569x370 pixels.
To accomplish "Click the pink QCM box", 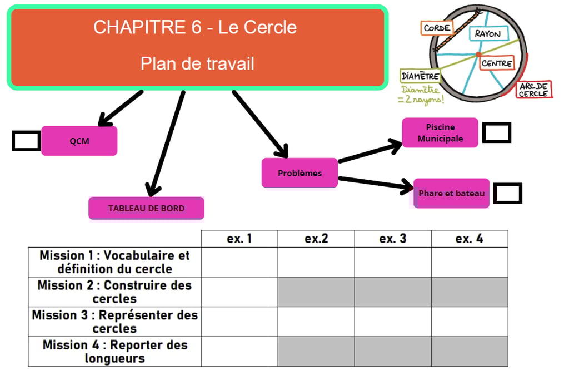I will (79, 141).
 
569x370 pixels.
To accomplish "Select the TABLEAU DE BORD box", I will (146, 209).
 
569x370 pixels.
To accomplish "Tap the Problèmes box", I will (300, 173).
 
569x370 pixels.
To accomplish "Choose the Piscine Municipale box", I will (440, 132).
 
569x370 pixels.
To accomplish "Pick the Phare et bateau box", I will (451, 194).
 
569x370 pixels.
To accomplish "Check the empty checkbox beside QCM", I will (26, 141).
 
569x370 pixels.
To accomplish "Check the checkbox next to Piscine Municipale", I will (496, 132).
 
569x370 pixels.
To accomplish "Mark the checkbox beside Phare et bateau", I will (508, 193).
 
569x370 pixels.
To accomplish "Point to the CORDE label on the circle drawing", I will (437, 28).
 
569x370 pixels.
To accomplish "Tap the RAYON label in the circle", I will (487, 34).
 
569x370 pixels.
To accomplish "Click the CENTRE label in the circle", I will (496, 63).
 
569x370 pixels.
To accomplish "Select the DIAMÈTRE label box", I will (420, 76).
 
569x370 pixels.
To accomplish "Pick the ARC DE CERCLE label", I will (534, 90).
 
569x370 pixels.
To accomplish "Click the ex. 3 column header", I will (393, 239).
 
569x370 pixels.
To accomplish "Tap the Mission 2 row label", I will (114, 292).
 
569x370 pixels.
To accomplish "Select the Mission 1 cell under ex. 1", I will (239, 262).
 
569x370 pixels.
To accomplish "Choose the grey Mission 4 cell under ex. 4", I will (470, 352).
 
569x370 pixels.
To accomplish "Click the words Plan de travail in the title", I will (197, 63).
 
